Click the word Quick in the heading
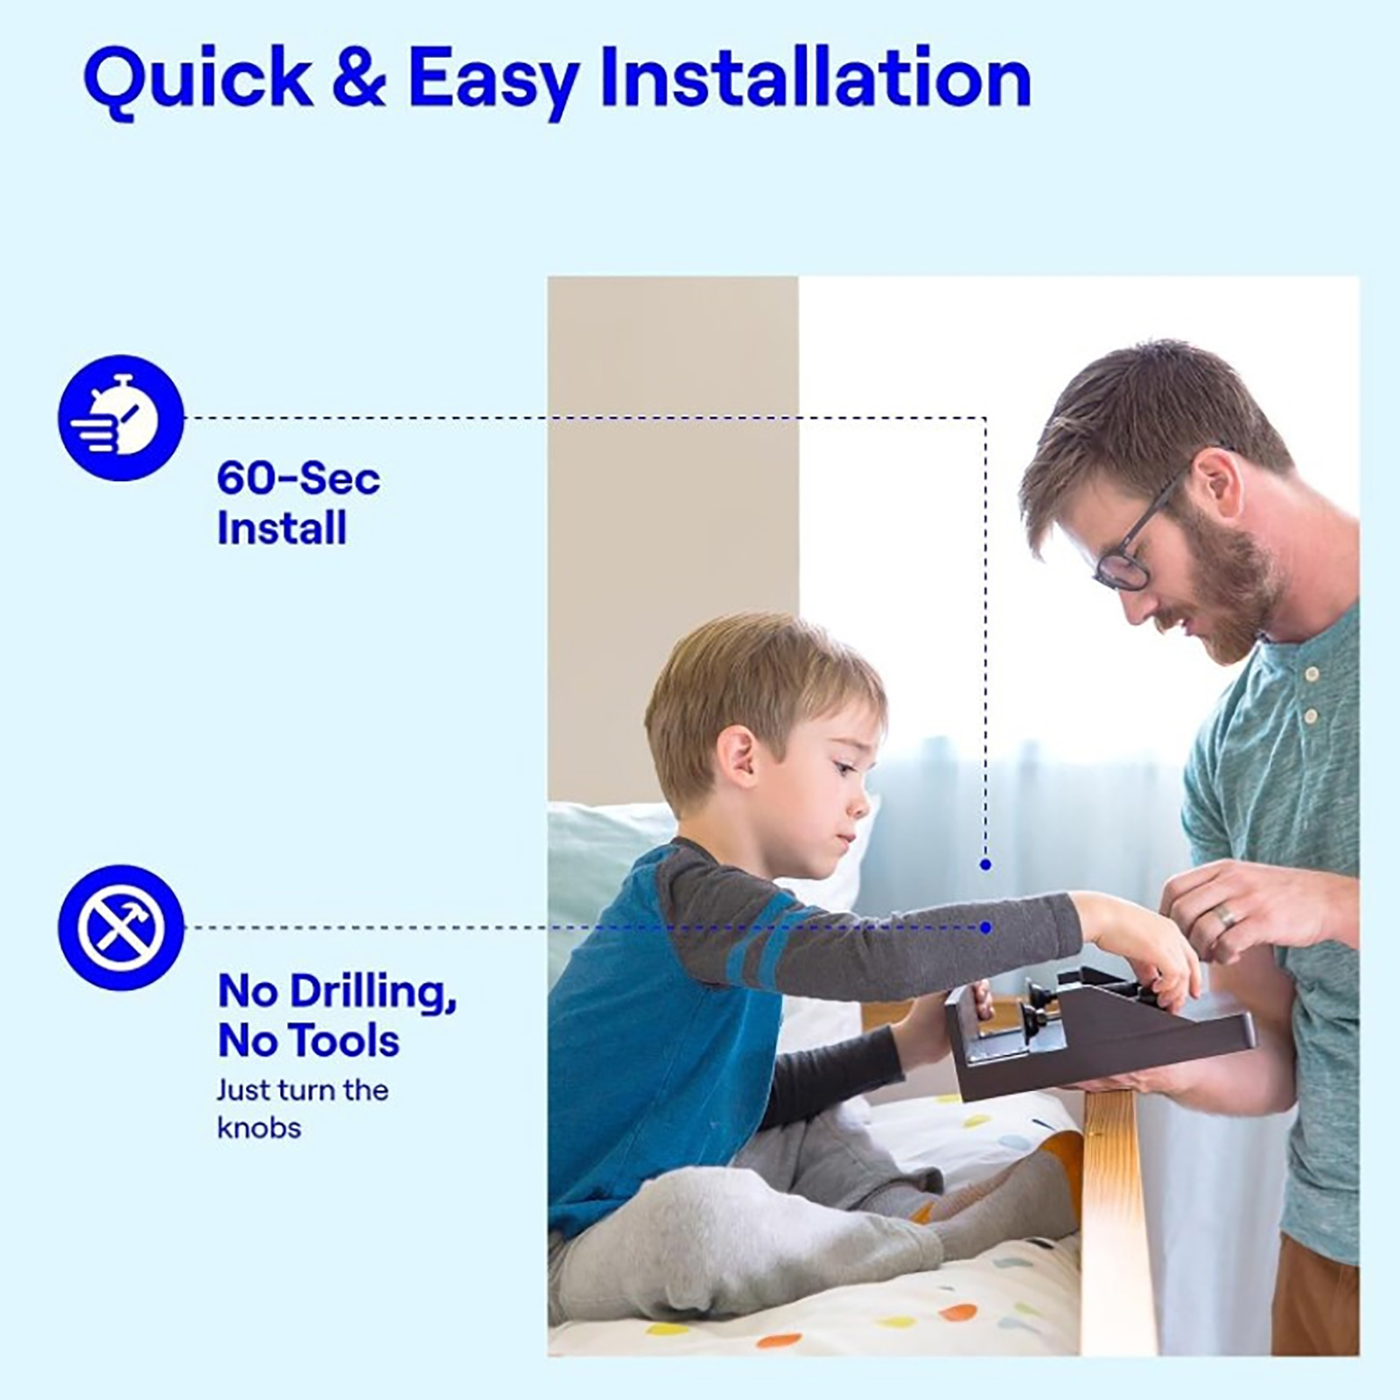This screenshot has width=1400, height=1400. pos(197,81)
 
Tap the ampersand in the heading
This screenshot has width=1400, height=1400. pos(360,80)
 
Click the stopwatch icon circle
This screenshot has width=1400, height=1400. pos(121,417)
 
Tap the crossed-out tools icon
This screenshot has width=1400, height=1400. pos(121,927)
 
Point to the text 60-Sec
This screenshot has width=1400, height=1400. pos(298,479)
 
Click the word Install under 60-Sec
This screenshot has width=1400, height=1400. pos(282,528)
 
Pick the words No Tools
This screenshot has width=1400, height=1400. pos(308,1041)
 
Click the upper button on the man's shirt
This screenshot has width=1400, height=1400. pos(1311,673)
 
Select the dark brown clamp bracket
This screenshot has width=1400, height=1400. pos(1098,1033)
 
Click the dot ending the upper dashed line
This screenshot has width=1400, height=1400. pos(986,864)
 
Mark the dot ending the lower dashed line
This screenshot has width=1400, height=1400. pos(986,927)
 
